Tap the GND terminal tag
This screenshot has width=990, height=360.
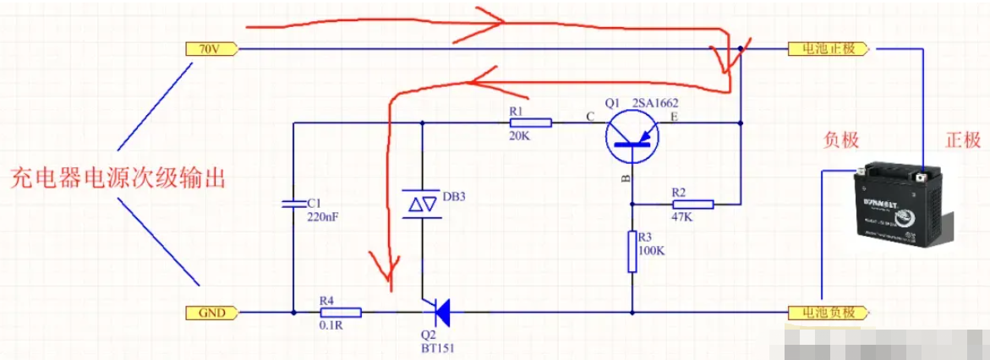211,313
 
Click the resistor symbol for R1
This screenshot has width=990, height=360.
530,123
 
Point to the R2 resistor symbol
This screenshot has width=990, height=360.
692,204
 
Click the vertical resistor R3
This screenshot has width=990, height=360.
632,251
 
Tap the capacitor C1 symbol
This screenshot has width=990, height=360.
292,203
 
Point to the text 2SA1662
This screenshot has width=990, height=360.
656,103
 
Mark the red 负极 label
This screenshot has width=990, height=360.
841,140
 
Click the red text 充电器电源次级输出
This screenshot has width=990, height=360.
118,178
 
